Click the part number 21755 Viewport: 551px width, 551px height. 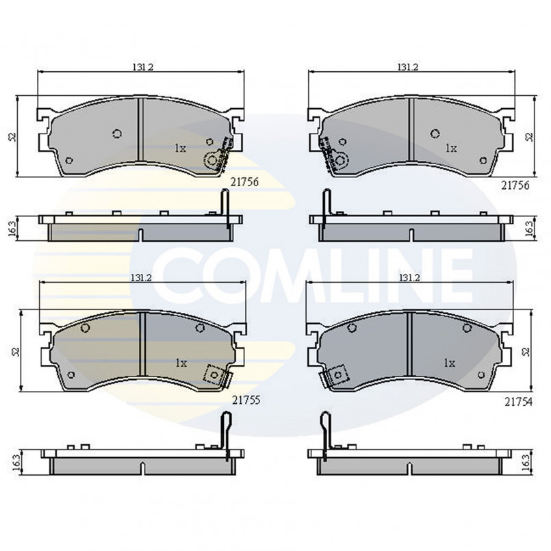(246, 400)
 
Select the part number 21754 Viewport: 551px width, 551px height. (518, 402)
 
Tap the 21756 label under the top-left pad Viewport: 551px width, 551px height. (244, 181)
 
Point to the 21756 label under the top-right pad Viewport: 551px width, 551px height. (515, 185)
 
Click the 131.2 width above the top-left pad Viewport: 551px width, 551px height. (142, 67)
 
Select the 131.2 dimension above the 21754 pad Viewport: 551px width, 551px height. (409, 277)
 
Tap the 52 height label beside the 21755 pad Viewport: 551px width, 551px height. (16, 351)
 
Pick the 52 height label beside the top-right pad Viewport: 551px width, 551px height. (529, 137)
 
